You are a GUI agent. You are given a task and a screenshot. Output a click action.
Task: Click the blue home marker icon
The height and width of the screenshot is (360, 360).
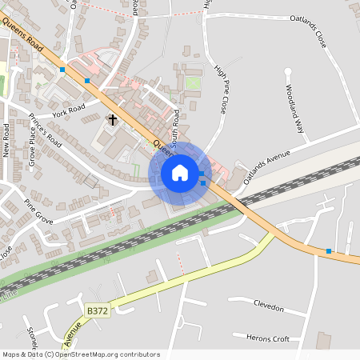pos(180,172)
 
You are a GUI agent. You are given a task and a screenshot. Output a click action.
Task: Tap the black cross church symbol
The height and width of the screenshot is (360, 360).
pos(113,121)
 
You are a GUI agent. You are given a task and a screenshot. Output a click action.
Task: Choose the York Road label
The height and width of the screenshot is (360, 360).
pos(69,110)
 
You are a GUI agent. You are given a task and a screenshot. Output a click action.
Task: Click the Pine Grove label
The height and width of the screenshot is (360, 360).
pos(38,206)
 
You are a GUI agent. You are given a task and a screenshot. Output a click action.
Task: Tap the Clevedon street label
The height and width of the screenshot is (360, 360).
pos(268,306)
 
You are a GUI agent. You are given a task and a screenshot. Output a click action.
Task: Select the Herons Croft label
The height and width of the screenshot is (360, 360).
pos(268,338)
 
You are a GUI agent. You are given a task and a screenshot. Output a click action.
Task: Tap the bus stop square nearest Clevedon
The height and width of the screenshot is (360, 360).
pos(328,251)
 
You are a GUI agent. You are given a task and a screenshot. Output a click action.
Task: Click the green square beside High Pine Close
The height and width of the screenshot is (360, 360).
pos(193,82)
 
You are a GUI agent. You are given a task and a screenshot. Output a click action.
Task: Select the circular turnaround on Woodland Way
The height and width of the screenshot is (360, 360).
pos(287,71)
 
